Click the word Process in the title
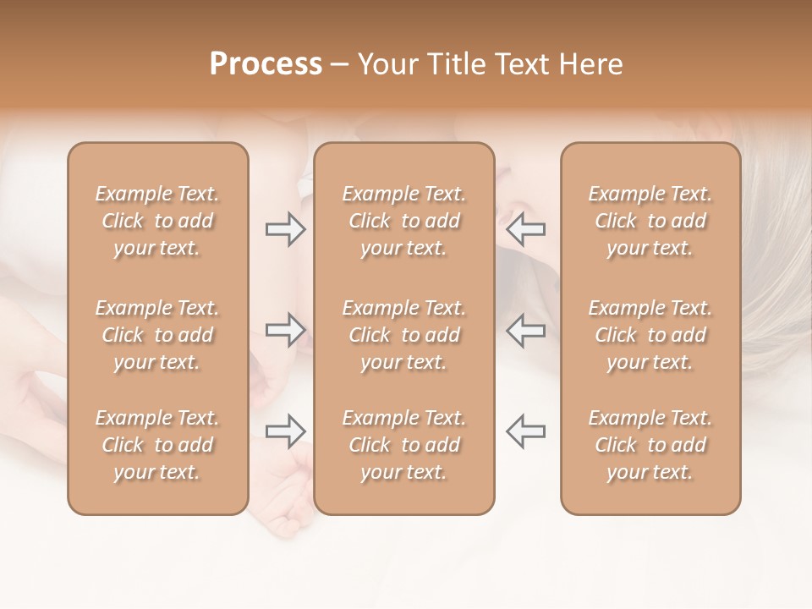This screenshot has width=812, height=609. pos(266,64)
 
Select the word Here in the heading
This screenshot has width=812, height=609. pos(592,64)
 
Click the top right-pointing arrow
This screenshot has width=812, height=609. pos(285,229)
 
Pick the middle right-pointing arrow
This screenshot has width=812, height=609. pos(285,330)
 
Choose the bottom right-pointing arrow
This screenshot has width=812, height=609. pos(285,431)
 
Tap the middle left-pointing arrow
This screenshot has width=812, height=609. pos(526,330)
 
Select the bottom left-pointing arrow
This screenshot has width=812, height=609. pos(526,431)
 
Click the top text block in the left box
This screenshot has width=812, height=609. pos(157,221)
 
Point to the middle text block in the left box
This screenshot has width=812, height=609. pos(157,335)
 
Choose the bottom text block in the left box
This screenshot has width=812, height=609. pos(157,445)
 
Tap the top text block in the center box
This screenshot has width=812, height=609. pos(403,221)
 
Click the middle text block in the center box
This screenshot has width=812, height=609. pos(403,335)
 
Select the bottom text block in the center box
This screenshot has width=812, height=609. pos(403,445)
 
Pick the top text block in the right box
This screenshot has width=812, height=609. pos(650,221)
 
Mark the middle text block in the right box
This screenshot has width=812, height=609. pos(650,335)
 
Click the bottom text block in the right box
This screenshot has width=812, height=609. pos(650,445)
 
